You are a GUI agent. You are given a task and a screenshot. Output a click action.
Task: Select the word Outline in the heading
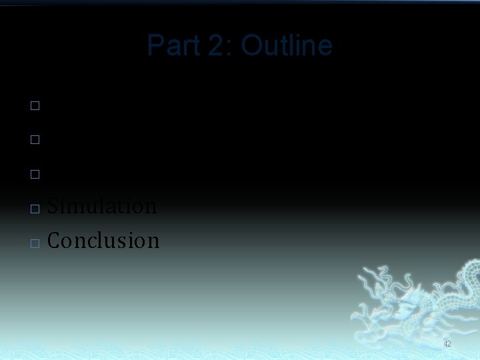tap(287, 46)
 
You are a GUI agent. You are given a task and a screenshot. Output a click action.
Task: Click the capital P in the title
tap(155, 46)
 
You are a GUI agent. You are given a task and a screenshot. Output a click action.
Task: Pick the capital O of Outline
tap(252, 46)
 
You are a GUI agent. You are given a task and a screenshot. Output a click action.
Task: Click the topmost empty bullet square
tap(35, 105)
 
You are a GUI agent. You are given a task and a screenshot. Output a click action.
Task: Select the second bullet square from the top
tap(35, 140)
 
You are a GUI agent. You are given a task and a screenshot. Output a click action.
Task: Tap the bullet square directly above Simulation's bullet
tap(35, 175)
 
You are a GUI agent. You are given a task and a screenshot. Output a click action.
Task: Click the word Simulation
tap(102, 206)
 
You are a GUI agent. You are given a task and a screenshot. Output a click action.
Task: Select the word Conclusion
tap(103, 241)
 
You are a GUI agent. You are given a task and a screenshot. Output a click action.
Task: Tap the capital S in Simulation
tap(53, 206)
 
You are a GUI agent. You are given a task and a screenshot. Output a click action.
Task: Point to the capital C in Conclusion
tap(54, 241)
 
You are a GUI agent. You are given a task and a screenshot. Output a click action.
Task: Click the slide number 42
tap(447, 344)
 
